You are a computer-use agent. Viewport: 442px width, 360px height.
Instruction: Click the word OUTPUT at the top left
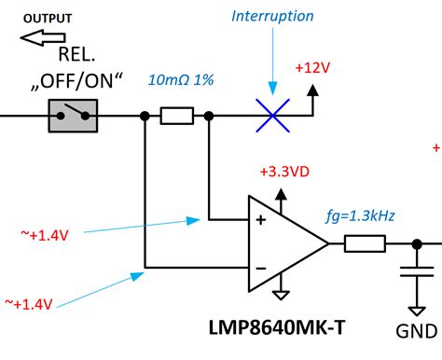(x=46, y=18)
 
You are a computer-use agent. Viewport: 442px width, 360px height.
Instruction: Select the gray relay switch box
(x=72, y=117)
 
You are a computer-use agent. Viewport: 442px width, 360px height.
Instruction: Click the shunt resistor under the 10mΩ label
(x=176, y=117)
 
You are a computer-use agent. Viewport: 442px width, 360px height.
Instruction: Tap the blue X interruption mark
(x=270, y=117)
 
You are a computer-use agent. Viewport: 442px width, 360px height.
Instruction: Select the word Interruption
(x=272, y=17)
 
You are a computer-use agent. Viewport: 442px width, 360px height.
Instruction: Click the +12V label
(x=312, y=68)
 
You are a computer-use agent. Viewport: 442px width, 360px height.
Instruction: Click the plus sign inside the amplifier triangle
(x=260, y=221)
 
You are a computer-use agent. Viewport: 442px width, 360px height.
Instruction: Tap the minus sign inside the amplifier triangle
(x=260, y=269)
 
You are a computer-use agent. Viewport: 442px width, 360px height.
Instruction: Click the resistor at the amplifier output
(x=364, y=244)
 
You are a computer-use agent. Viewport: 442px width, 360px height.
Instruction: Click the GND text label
(x=415, y=330)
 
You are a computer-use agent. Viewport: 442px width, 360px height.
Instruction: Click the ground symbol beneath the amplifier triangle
(x=281, y=296)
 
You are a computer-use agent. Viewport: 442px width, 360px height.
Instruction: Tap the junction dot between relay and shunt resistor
(x=145, y=117)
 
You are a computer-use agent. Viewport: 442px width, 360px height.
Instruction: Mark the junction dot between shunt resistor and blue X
(x=209, y=117)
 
